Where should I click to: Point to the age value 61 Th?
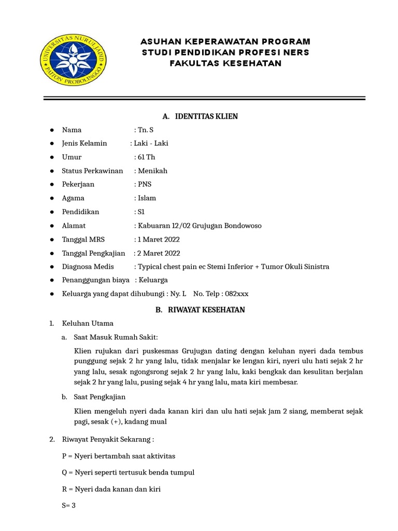146,157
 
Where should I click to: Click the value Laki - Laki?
151,144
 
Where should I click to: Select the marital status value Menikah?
152,171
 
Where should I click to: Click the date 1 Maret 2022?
158,239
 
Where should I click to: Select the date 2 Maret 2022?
158,253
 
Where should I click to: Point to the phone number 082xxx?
235,294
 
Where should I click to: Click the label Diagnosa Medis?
88,267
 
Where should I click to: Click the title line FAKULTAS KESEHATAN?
226,63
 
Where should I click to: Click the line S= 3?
69,506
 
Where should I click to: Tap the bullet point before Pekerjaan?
52,185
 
